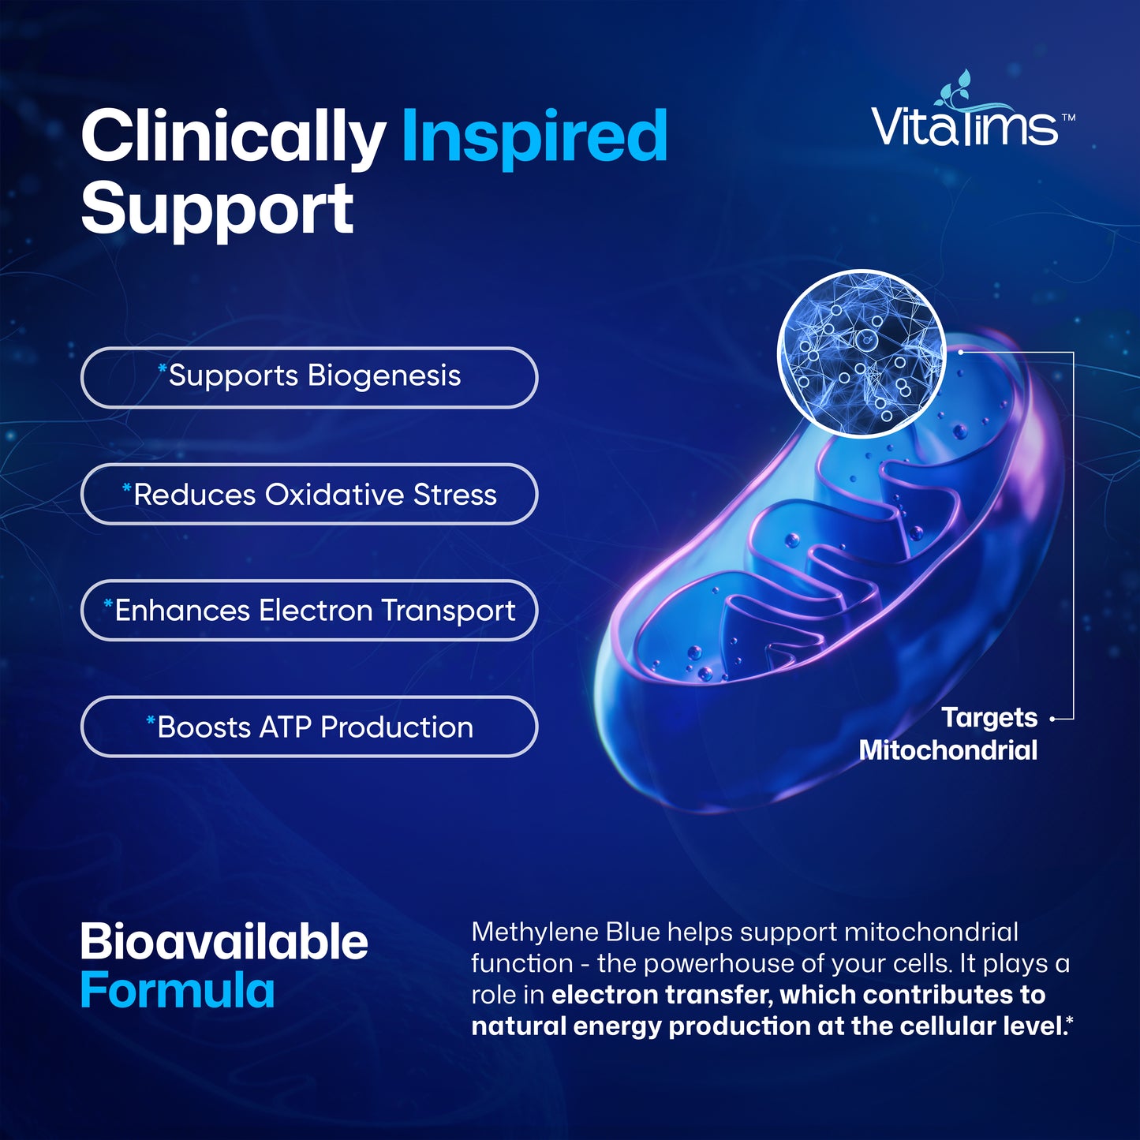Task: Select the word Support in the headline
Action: tap(217, 208)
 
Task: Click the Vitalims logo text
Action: tap(964, 127)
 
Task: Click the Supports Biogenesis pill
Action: tap(309, 377)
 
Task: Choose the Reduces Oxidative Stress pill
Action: tap(309, 494)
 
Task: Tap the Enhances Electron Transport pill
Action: tap(309, 610)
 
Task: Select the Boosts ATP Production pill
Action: tap(309, 727)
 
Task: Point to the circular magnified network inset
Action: tap(862, 353)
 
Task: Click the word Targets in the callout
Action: tap(989, 718)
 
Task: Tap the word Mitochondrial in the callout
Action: tap(948, 750)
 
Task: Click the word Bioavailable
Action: tap(224, 942)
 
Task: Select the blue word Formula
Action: tap(178, 991)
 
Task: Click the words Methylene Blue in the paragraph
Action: tap(566, 933)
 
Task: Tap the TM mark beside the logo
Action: tap(1068, 118)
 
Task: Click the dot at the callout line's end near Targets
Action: tap(1053, 719)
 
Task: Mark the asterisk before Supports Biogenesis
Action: tap(163, 369)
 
